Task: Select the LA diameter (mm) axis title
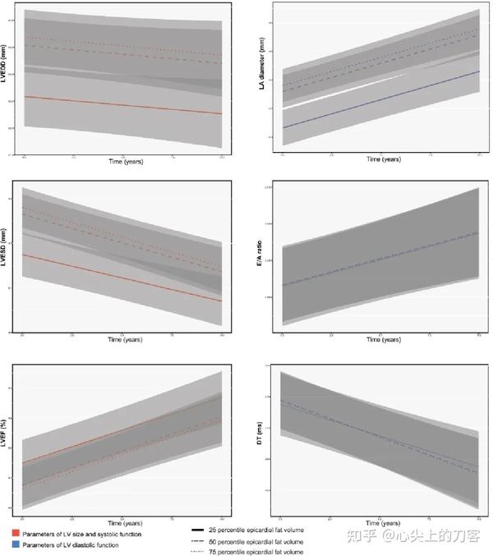(262, 78)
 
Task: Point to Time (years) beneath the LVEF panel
(123, 523)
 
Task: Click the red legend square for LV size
(16, 534)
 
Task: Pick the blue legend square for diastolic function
(16, 545)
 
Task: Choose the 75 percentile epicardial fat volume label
(257, 551)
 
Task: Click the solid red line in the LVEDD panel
(123, 105)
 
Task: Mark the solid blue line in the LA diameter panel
(379, 100)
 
